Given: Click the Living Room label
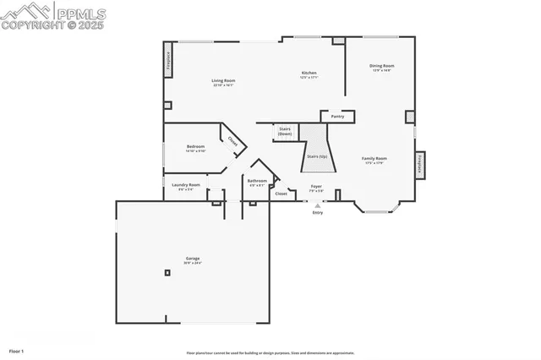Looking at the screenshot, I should tap(223, 83).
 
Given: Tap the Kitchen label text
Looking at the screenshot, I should tap(309, 75).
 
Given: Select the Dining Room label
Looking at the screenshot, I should tap(382, 68).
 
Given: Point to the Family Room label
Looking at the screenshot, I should tap(374, 161).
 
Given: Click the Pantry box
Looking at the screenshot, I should tap(337, 117).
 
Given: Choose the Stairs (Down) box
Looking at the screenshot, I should tap(285, 132).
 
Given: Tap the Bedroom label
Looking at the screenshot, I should tap(195, 149).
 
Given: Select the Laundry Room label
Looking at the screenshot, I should tap(186, 187).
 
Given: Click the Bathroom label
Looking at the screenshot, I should tap(257, 183).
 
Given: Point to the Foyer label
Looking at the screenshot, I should tap(316, 188).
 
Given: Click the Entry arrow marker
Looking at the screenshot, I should tap(318, 205).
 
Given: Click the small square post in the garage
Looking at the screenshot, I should tap(167, 272).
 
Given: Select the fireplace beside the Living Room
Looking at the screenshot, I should tap(167, 63).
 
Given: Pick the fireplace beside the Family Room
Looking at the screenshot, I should tap(418, 164).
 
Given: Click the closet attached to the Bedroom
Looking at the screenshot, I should tap(232, 141).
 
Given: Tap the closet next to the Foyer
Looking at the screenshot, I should tap(281, 194).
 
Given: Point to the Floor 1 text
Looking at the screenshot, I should tap(16, 350).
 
